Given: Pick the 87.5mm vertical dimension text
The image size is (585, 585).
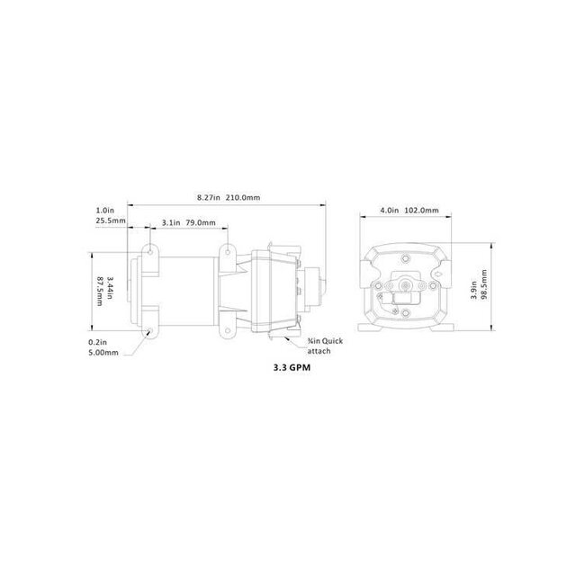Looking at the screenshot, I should pyautogui.click(x=101, y=292).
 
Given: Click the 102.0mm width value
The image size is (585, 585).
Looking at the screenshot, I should pyautogui.click(x=421, y=211).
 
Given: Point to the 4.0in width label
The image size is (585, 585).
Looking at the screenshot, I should pyautogui.click(x=389, y=211).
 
